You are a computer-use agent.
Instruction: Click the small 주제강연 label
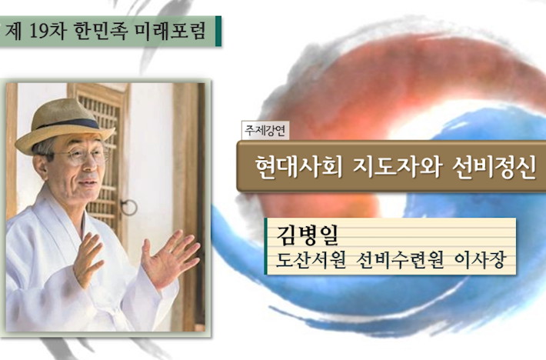[265, 131]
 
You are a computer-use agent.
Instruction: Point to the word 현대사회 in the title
[299, 167]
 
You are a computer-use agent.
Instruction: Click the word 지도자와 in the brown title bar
[398, 167]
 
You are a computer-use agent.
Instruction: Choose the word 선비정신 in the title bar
[494, 167]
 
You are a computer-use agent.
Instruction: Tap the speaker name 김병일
[308, 235]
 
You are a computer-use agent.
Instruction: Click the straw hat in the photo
[64, 125]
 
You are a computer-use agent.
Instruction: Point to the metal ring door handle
[129, 207]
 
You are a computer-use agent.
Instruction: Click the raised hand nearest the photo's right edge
[169, 258]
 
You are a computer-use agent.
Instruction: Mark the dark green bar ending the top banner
[218, 31]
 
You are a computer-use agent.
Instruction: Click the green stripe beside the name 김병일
[265, 246]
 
